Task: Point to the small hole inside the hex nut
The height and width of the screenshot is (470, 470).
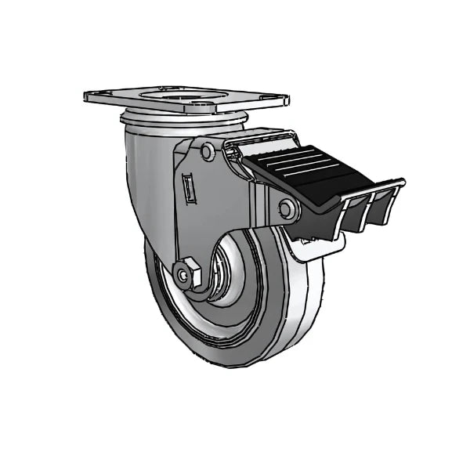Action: click(x=184, y=274)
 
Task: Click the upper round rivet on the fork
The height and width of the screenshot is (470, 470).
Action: click(x=208, y=151)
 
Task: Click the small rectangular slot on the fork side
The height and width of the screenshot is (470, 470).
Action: click(x=189, y=188)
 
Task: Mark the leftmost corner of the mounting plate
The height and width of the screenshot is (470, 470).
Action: click(x=85, y=97)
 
